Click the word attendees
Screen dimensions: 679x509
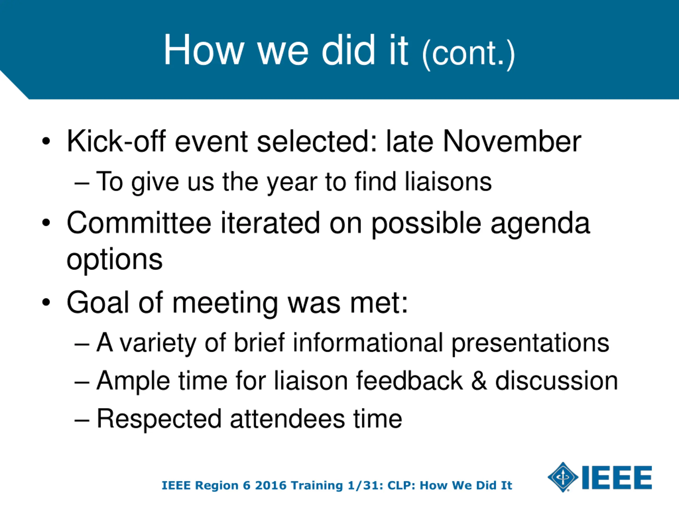tap(287, 419)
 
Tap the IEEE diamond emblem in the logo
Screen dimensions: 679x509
tap(563, 477)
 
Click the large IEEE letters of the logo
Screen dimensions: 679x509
tap(617, 477)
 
